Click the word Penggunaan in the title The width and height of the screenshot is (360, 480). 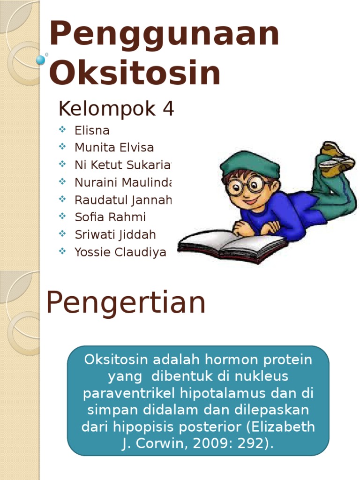[164, 34]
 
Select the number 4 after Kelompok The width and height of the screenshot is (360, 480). [168, 109]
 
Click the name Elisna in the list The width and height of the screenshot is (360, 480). [92, 130]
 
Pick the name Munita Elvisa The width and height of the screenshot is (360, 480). [114, 148]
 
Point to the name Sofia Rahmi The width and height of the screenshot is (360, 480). [110, 217]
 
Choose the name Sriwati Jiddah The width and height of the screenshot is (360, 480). [115, 234]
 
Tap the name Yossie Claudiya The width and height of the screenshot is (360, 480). [120, 252]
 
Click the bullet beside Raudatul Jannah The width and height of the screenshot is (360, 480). [63, 199]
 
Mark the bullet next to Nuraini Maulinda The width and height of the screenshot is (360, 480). [63, 182]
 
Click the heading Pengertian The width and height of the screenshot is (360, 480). [126, 303]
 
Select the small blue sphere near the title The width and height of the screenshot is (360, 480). [41, 60]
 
